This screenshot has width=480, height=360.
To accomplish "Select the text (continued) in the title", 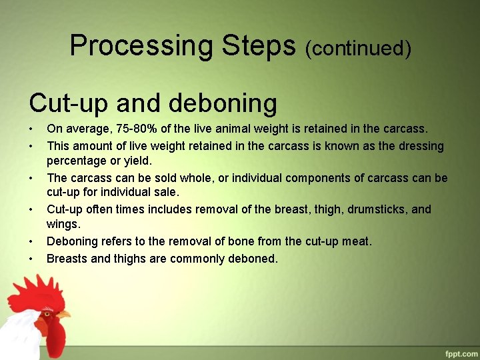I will tap(358, 48).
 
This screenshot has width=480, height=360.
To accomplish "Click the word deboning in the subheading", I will tap(223, 103).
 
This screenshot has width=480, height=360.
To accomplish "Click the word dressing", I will tap(419, 145).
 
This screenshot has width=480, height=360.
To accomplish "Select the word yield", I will tap(137, 161).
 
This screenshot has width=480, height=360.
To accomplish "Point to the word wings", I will tap(63, 225).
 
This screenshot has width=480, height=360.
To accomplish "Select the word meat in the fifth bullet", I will tap(356, 241).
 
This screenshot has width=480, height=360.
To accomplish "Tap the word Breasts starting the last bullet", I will tap(67, 258).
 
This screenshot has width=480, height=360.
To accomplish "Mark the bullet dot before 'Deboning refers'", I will tap(31, 241).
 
